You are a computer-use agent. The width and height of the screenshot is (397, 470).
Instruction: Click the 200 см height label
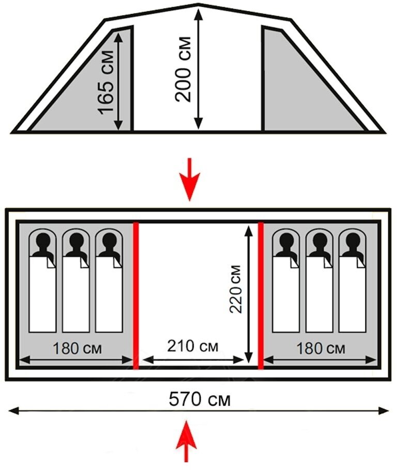(183, 69)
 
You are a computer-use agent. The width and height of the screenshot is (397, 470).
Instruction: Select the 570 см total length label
(199, 399)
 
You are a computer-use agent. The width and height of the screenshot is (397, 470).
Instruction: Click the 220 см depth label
(236, 289)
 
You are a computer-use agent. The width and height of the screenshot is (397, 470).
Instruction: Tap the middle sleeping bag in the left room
(76, 294)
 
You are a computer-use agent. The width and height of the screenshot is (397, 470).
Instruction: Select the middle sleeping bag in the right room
(320, 294)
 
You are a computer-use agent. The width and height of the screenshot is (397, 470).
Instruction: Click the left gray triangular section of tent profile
(93, 88)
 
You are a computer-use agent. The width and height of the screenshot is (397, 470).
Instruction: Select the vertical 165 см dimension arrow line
(119, 80)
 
